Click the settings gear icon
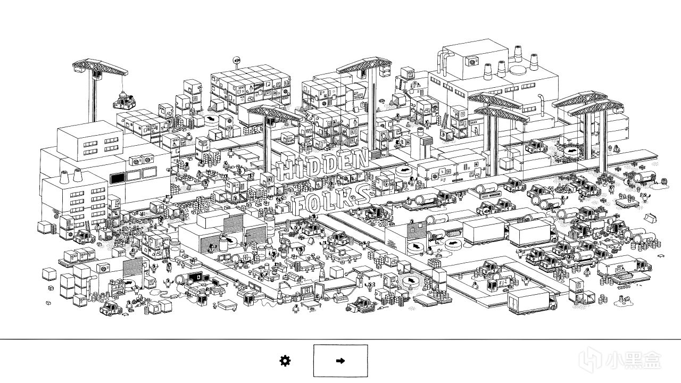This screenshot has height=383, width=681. point(285,361)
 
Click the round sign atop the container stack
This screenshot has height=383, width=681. point(237,60)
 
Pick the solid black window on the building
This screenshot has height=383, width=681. point(117,178)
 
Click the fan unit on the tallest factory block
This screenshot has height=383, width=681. point(472,62)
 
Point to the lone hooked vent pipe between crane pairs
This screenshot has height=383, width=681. point(541,105)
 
